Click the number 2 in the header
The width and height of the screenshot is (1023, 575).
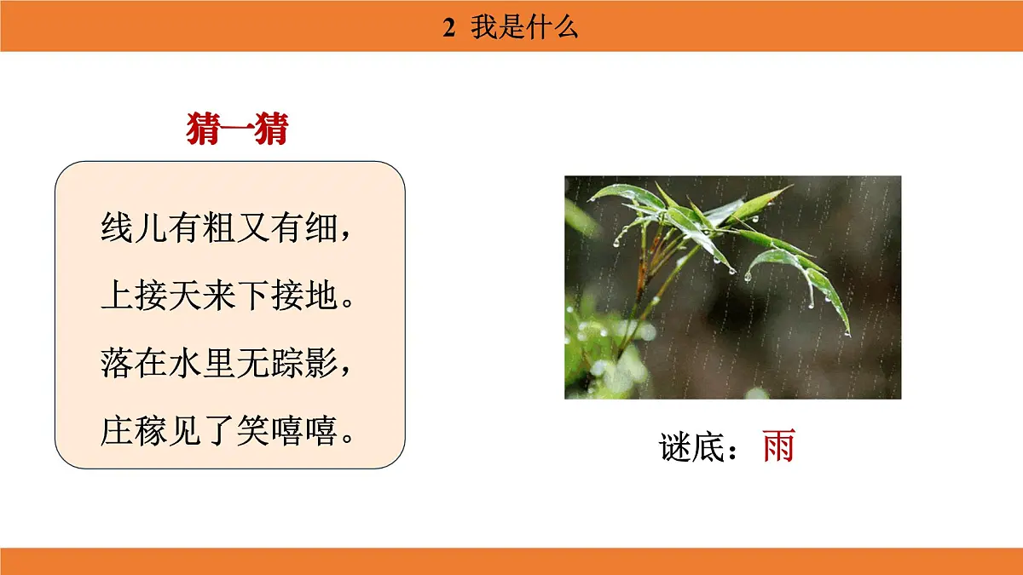(449, 28)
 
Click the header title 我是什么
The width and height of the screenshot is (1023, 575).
(525, 28)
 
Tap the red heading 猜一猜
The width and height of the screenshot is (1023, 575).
(237, 130)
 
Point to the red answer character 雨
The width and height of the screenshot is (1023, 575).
(778, 446)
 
